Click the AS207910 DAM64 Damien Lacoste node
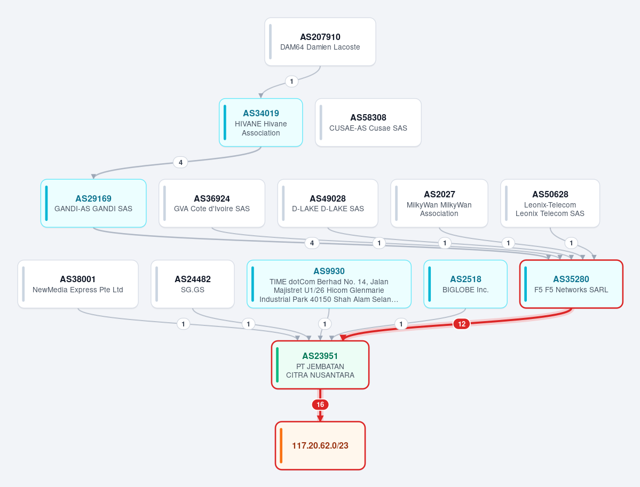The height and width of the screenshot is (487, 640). [320, 42]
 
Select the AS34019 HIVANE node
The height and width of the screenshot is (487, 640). [261, 122]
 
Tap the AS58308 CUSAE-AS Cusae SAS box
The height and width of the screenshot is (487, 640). [368, 122]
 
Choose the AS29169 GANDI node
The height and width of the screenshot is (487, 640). [93, 203]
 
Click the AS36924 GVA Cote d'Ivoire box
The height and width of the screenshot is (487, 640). [212, 203]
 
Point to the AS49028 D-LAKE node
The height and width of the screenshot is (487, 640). [328, 203]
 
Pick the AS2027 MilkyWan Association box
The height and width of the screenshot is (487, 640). [439, 203]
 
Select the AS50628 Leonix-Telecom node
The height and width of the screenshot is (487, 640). [550, 203]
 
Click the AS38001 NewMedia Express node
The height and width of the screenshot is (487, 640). [78, 284]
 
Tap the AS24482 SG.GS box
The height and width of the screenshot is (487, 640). [193, 284]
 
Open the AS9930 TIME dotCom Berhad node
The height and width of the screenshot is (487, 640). [329, 284]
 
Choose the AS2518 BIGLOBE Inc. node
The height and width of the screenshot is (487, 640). [465, 284]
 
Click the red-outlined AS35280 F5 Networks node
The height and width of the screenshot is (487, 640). [572, 284]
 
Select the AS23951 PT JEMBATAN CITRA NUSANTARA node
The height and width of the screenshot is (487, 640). [320, 365]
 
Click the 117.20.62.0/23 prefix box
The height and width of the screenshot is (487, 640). [320, 445]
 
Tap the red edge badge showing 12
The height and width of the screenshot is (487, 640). [462, 324]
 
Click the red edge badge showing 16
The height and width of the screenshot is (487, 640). [320, 405]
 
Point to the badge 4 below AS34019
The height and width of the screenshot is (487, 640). [180, 162]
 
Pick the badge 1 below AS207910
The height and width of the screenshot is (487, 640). [291, 82]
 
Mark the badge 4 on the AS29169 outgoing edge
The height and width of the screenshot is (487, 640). [312, 243]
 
